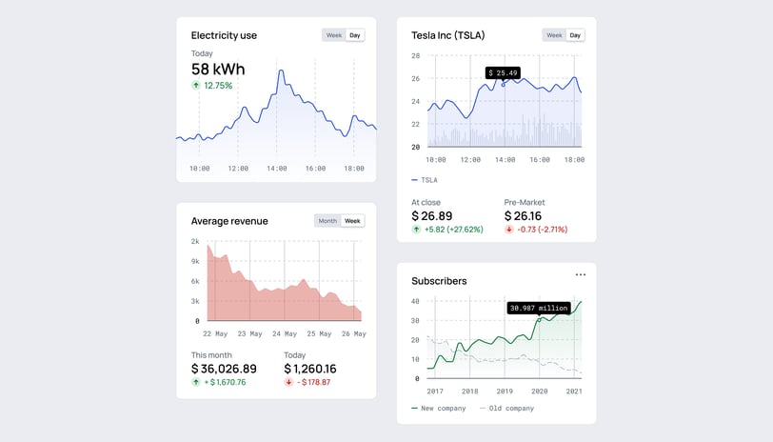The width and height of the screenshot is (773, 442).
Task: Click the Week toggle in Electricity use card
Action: click(x=333, y=35)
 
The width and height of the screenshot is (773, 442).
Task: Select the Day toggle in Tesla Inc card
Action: click(x=575, y=35)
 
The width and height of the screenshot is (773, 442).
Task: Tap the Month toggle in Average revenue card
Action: click(x=327, y=221)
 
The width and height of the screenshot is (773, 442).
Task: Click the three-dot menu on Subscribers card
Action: click(x=581, y=274)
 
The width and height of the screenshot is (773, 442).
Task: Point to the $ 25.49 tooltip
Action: click(x=502, y=72)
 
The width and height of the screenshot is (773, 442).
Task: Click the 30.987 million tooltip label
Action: click(x=539, y=308)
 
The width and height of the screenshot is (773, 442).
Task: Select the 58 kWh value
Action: click(x=218, y=69)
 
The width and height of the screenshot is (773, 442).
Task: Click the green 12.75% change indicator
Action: click(x=212, y=86)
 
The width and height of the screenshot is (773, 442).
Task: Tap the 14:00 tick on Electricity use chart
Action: click(x=276, y=169)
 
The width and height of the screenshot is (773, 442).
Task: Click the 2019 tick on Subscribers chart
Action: click(x=505, y=392)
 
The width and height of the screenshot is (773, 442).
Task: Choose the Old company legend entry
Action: click(x=508, y=409)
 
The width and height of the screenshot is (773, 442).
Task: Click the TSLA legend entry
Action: click(x=425, y=179)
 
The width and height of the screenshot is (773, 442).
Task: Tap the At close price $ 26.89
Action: click(x=432, y=216)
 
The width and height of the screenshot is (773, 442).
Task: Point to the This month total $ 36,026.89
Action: click(x=224, y=369)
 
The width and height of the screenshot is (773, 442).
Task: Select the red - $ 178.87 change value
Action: click(x=307, y=383)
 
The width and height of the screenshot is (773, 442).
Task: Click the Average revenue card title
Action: click(x=229, y=221)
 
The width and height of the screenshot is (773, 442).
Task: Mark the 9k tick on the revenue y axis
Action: click(x=194, y=261)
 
